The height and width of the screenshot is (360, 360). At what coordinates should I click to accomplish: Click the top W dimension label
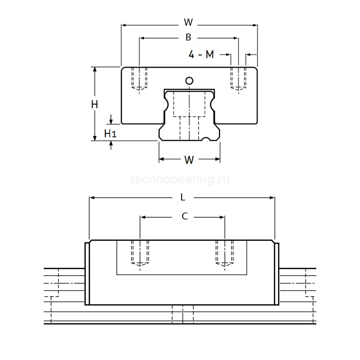coord(188,22)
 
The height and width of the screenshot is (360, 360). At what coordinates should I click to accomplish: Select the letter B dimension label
coord(188,37)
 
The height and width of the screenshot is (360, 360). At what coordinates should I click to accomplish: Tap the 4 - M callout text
coord(201,55)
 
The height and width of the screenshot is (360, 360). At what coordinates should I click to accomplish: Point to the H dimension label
coord(95,104)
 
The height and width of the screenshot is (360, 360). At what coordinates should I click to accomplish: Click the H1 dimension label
coord(111,133)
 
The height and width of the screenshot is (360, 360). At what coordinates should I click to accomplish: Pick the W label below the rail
coord(189,160)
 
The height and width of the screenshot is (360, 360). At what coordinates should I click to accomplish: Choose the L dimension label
coord(183,197)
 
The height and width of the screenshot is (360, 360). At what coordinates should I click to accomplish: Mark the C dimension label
coord(185,216)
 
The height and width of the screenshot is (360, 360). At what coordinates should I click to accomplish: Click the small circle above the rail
coord(189,81)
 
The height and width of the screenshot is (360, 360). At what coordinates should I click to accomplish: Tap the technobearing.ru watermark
coord(180,179)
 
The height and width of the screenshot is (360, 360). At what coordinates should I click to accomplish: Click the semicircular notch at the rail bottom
coord(206,139)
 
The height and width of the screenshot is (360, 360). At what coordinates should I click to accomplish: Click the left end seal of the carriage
coord(87,274)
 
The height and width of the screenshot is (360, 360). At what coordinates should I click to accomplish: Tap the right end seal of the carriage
coord(277,274)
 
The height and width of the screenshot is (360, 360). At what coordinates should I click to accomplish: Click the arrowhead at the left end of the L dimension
coord(92,197)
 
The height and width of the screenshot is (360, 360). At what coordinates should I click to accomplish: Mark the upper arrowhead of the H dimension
coord(95,69)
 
